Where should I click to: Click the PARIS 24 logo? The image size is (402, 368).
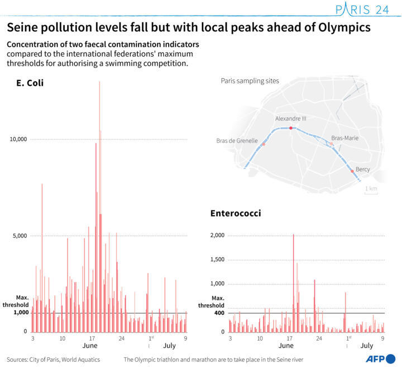[x=361, y=10]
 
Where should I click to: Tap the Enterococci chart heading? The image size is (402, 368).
[x=235, y=213]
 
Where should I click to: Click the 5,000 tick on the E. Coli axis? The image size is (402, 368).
[x=20, y=235]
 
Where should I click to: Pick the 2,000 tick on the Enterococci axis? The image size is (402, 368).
[x=217, y=235]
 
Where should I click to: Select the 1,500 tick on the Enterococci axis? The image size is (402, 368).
[x=217, y=260]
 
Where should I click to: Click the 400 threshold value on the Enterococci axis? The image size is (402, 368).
[x=218, y=313]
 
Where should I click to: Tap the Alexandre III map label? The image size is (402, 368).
[x=290, y=119]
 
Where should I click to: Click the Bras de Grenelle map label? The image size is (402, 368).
[x=237, y=141]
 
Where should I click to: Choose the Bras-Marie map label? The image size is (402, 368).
[x=344, y=138]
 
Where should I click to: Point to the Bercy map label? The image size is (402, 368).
[x=363, y=169]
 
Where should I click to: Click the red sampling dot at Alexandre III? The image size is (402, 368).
[x=290, y=128]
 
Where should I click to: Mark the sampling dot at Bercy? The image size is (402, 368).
[x=352, y=171]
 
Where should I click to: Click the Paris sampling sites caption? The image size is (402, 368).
[x=250, y=81]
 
